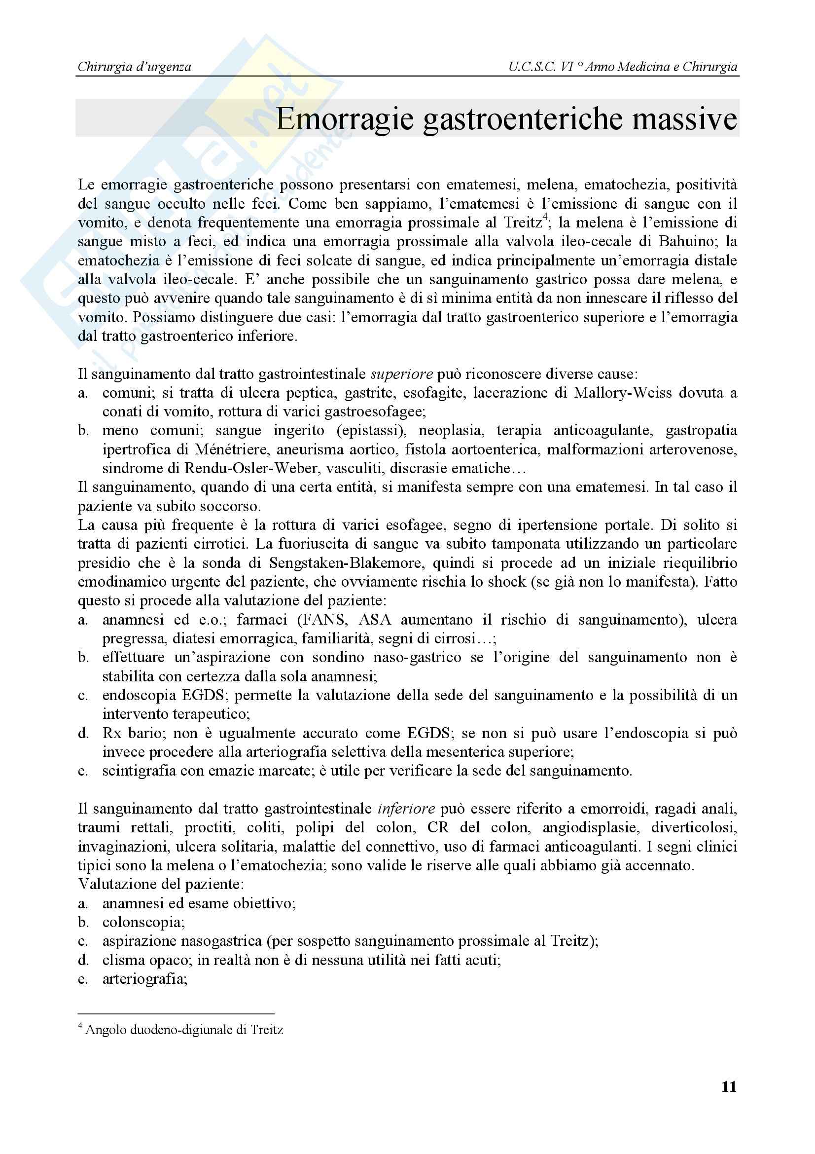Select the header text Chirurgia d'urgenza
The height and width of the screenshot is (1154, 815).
(135, 67)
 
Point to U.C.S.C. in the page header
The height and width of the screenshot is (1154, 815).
(532, 67)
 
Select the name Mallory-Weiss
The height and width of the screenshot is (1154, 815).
(623, 393)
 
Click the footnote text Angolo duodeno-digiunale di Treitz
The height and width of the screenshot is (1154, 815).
(184, 1030)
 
